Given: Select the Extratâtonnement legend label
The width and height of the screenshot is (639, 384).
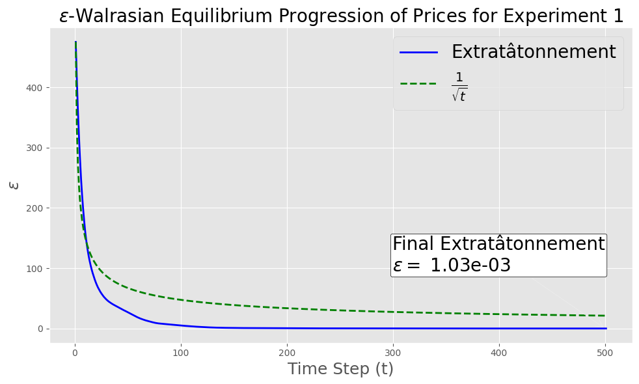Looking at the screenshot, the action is [534, 51].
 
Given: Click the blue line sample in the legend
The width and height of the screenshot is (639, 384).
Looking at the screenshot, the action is [418, 52].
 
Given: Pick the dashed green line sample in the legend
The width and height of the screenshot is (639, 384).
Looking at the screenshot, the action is [418, 83].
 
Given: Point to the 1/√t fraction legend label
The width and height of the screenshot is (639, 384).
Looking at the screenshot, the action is [459, 87].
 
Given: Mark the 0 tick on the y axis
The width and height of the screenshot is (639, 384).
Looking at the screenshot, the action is [40, 329].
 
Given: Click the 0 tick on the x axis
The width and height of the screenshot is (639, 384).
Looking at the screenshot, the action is [75, 353].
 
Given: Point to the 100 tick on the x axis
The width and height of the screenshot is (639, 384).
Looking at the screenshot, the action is [181, 353].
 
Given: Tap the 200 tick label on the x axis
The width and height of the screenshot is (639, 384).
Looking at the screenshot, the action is [287, 353].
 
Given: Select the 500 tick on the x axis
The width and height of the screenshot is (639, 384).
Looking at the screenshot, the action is [605, 353].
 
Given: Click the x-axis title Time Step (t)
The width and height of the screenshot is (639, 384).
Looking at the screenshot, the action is [341, 369].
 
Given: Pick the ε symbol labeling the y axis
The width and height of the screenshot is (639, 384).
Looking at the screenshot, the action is [14, 185].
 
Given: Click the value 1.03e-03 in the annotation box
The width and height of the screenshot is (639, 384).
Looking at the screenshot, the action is [470, 266].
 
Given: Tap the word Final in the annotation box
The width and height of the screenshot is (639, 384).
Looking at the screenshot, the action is [413, 244].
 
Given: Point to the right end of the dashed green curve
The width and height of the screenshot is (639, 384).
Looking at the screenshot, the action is [605, 316].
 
